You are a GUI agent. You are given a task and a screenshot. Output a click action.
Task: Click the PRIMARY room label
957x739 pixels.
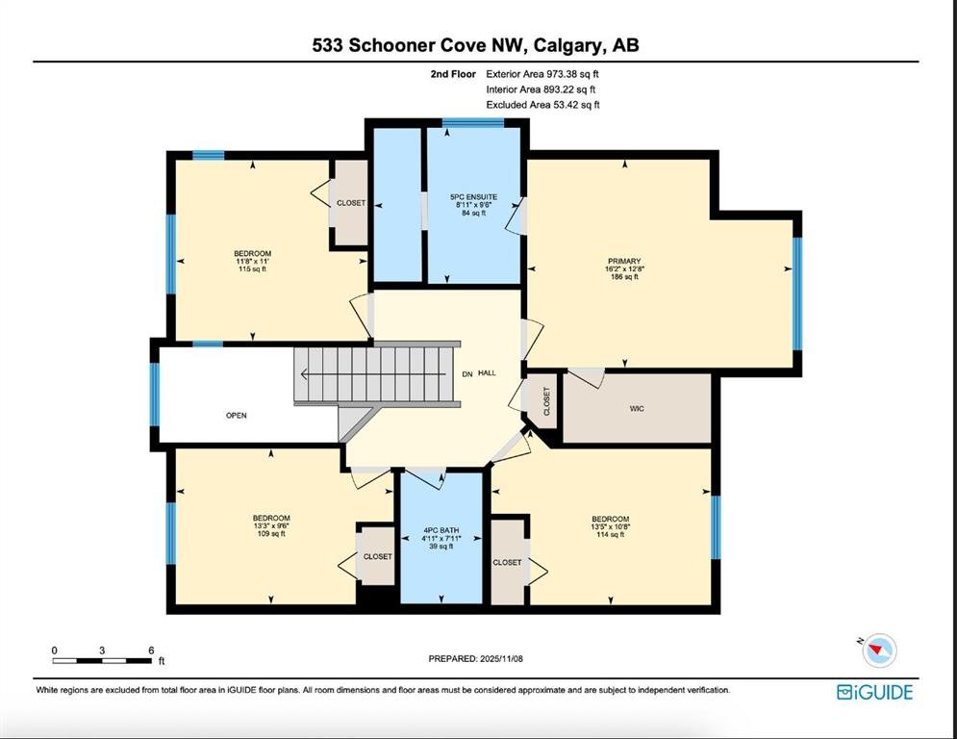[x=624, y=262]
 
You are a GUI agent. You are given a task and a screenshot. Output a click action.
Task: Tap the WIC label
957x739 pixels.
[x=637, y=409]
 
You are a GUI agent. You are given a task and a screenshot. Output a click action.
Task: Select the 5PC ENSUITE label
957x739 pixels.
[x=473, y=197]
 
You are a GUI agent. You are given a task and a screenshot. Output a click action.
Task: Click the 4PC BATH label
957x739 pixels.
[x=441, y=531]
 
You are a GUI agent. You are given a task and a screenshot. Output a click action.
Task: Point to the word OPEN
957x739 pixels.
[x=237, y=416]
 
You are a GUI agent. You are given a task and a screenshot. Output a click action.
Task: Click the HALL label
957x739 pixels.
[x=487, y=373]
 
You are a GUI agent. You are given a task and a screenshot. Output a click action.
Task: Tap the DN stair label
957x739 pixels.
[x=466, y=373]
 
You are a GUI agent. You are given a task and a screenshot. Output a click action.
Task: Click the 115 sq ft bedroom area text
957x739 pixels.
[x=253, y=268]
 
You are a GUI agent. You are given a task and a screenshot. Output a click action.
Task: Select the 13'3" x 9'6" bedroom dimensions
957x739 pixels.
[x=271, y=525]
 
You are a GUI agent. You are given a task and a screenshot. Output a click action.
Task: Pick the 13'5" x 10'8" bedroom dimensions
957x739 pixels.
[x=611, y=526]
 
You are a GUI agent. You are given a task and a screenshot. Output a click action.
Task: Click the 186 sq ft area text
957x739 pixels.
[x=624, y=277]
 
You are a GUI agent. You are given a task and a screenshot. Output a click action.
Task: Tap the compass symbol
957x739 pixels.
[x=879, y=650]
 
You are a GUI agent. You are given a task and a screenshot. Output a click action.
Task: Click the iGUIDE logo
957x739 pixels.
[x=874, y=692]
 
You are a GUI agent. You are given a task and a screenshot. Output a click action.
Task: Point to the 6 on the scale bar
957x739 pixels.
[x=151, y=650]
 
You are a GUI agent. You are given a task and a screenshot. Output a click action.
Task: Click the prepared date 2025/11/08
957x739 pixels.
[x=502, y=658]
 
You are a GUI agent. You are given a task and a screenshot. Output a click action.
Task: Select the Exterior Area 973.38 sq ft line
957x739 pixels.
[x=542, y=74]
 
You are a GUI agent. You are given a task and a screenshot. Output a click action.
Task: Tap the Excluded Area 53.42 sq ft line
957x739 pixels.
[x=542, y=105]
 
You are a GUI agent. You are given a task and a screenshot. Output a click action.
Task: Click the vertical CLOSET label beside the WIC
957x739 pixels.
[x=547, y=401]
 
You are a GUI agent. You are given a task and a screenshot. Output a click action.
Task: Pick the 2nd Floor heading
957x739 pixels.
[x=453, y=74]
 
